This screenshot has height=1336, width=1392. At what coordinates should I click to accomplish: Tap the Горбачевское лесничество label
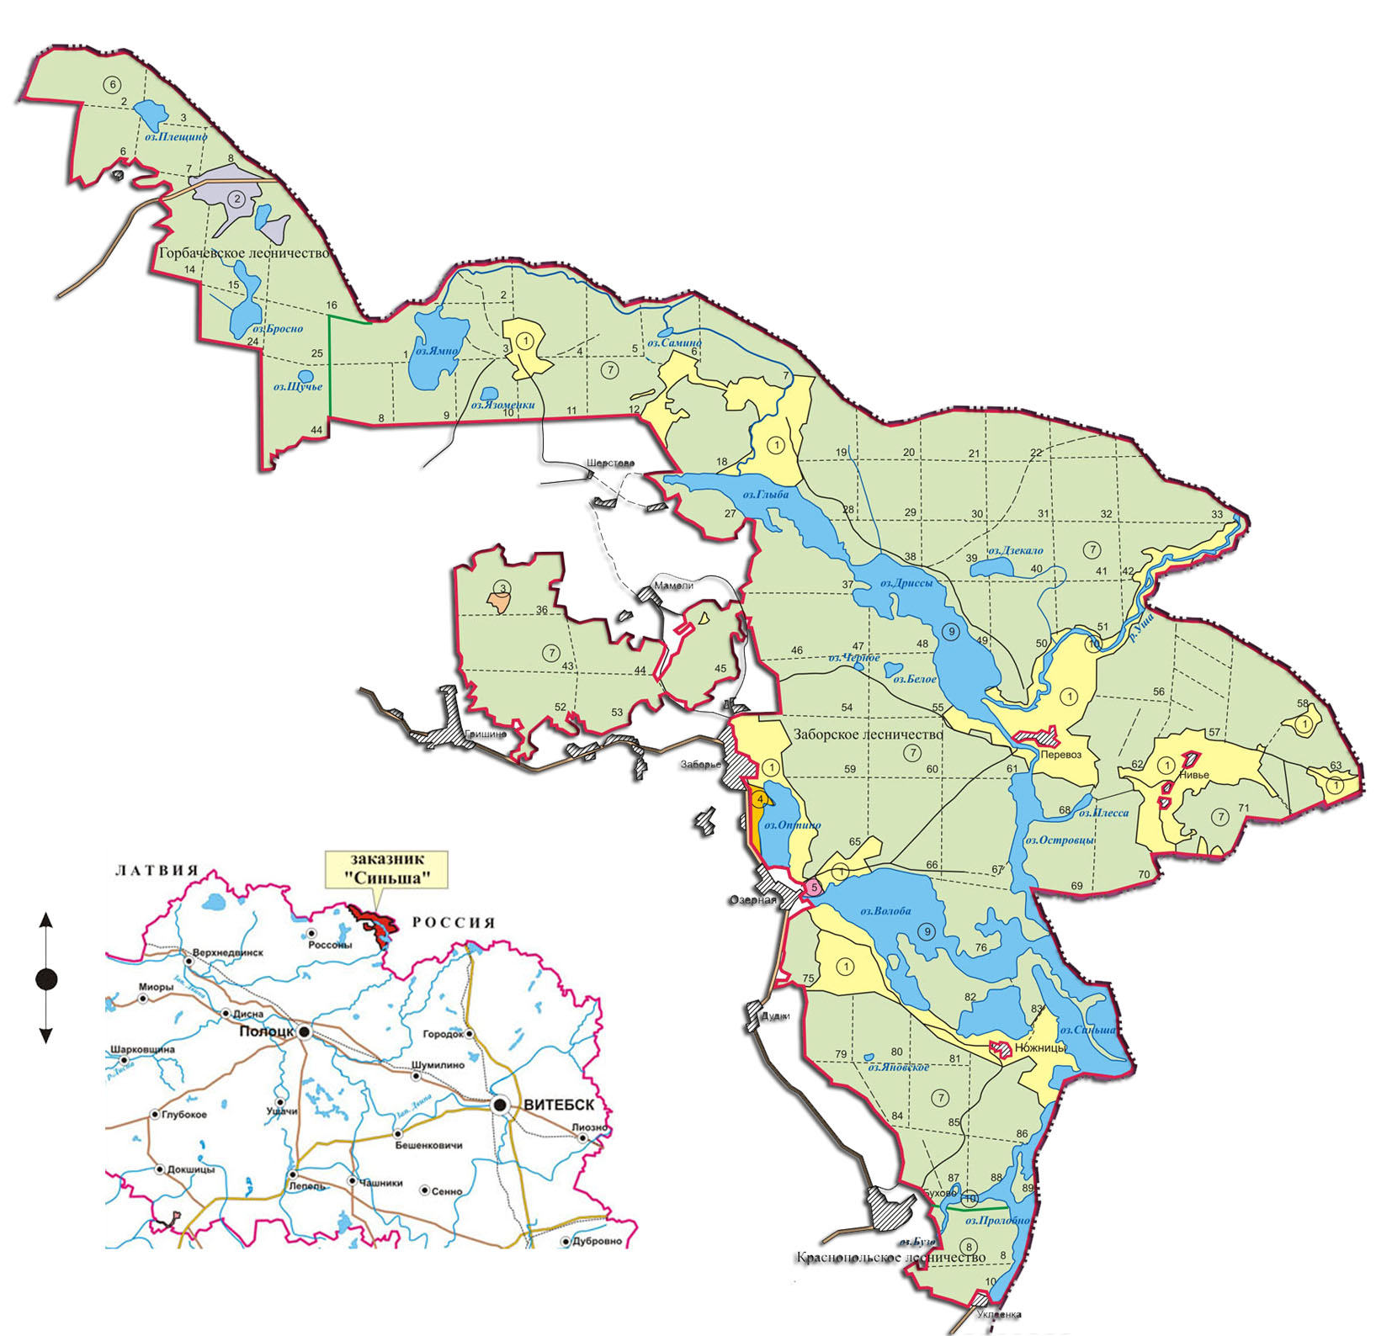pyautogui.click(x=245, y=252)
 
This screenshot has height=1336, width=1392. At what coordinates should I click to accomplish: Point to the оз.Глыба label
pyautogui.click(x=765, y=495)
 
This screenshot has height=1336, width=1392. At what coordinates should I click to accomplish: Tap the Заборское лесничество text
pyautogui.click(x=868, y=734)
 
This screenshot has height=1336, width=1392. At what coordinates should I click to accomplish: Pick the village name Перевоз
pyautogui.click(x=1061, y=755)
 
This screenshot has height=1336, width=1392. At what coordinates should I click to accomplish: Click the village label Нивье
pyautogui.click(x=1194, y=775)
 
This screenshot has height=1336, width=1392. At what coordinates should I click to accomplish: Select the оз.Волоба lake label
pyautogui.click(x=885, y=911)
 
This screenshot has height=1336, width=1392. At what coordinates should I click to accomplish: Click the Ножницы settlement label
pyautogui.click(x=1041, y=1048)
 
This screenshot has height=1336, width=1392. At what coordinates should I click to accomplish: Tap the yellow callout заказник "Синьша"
pyautogui.click(x=386, y=869)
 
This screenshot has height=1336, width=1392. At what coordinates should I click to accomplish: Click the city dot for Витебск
pyautogui.click(x=501, y=1105)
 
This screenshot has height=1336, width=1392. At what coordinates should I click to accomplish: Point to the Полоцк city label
pyautogui.click(x=266, y=1031)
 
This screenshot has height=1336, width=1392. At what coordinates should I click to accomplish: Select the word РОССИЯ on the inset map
pyautogui.click(x=454, y=922)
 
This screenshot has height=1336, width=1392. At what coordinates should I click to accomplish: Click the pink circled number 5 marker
pyautogui.click(x=814, y=888)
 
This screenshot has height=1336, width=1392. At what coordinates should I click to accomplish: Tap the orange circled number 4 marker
pyautogui.click(x=760, y=798)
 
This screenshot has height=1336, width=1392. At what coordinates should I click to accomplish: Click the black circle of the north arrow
pyautogui.click(x=46, y=979)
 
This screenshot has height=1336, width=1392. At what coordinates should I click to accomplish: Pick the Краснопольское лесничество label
pyautogui.click(x=890, y=1258)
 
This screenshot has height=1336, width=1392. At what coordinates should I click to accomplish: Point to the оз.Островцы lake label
pyautogui.click(x=1059, y=840)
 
